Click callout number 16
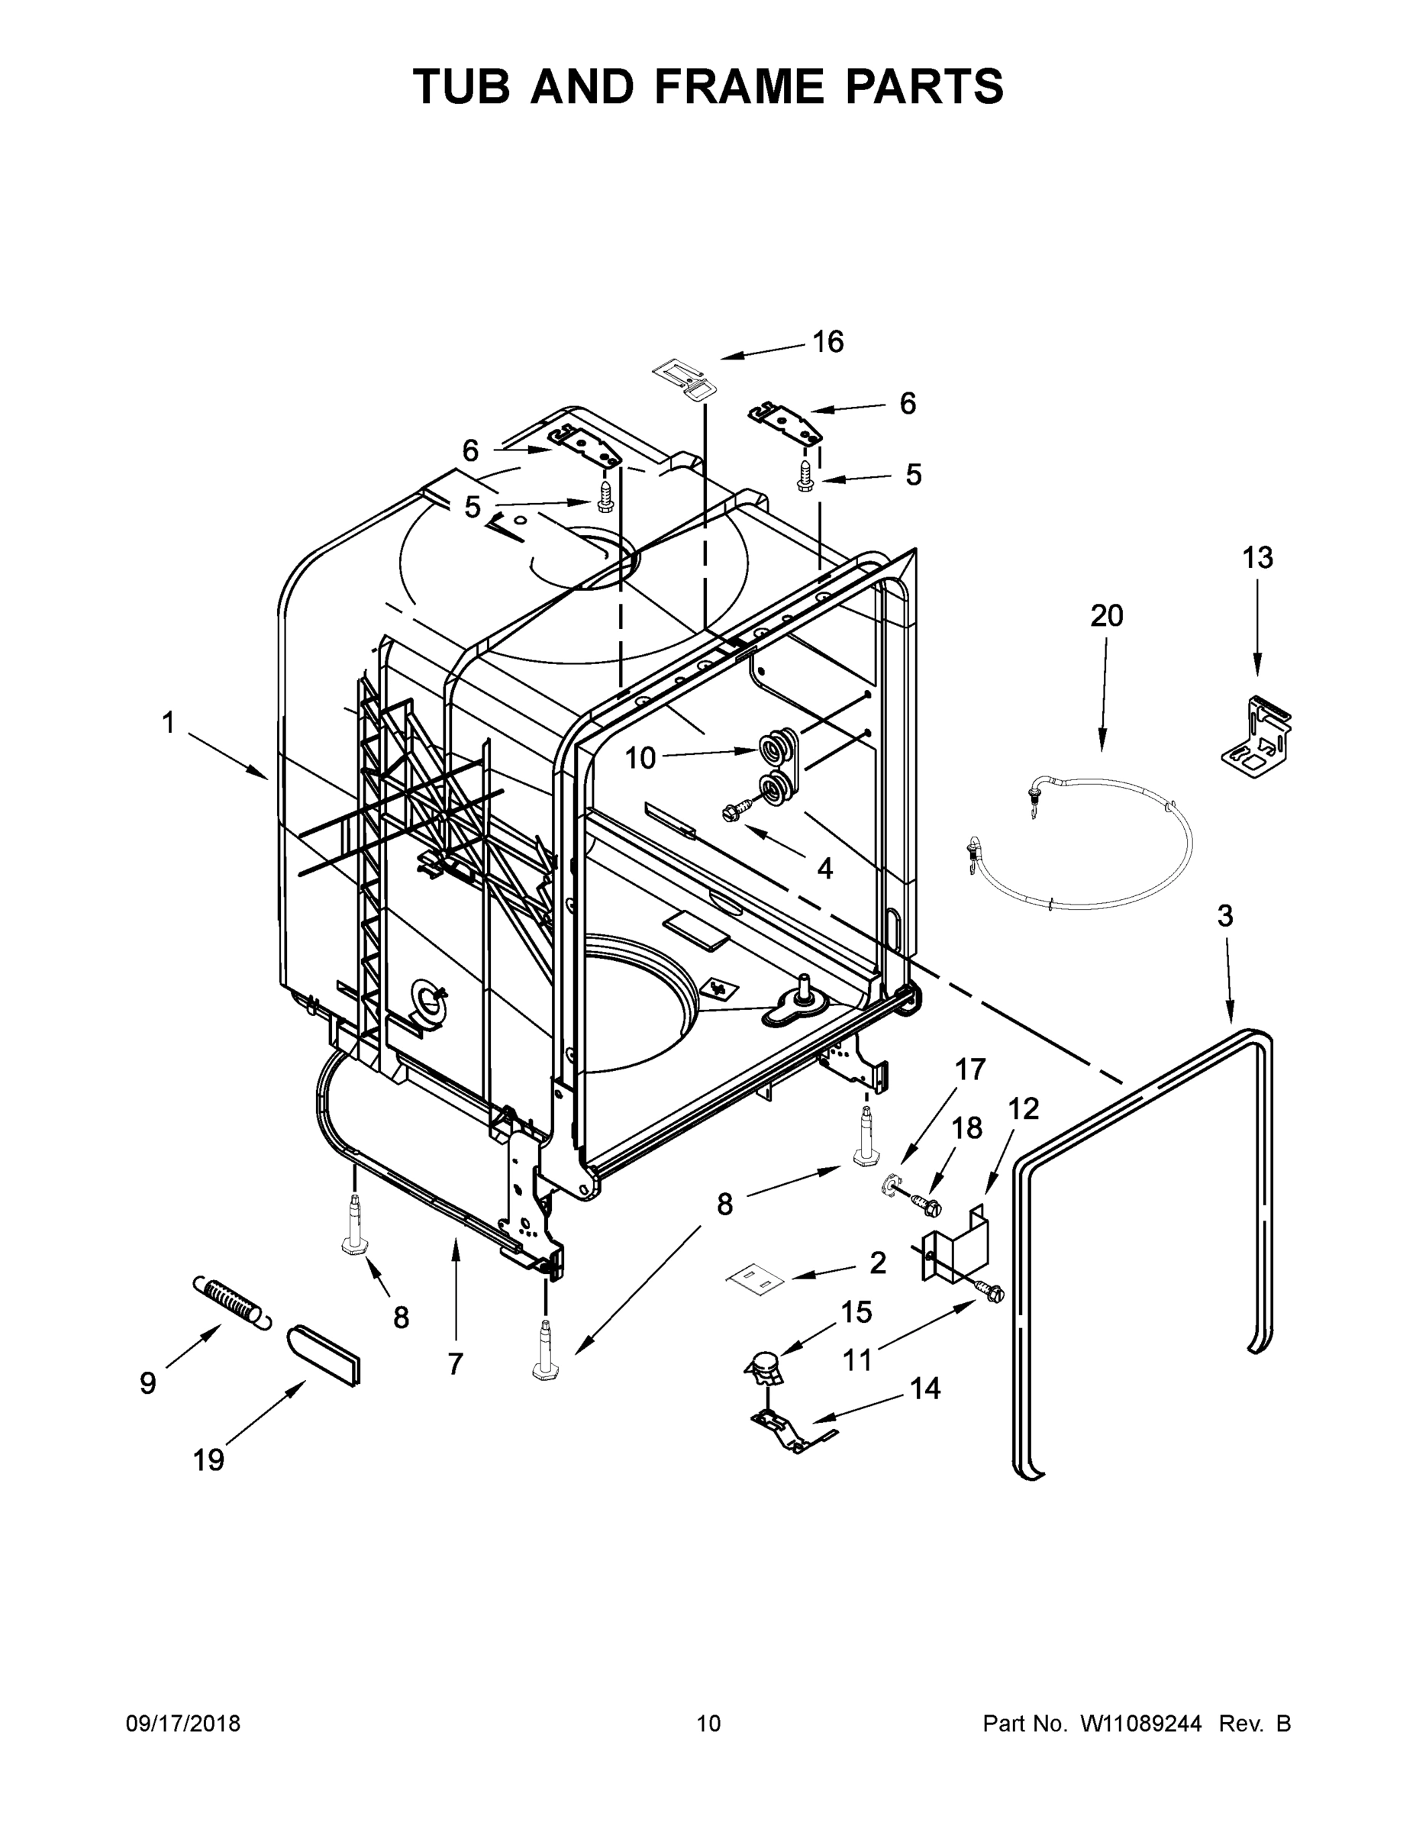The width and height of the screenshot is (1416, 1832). [828, 342]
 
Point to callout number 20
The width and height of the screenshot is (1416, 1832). [1106, 616]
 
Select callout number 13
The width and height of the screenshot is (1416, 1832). [1257, 557]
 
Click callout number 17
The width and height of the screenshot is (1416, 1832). [970, 1069]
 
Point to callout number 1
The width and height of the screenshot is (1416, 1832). [169, 722]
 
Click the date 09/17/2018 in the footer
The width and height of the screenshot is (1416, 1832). [183, 1723]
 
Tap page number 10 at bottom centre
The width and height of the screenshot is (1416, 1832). [708, 1723]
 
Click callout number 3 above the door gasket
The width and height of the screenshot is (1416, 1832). [1224, 916]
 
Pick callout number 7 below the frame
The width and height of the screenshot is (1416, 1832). [455, 1365]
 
